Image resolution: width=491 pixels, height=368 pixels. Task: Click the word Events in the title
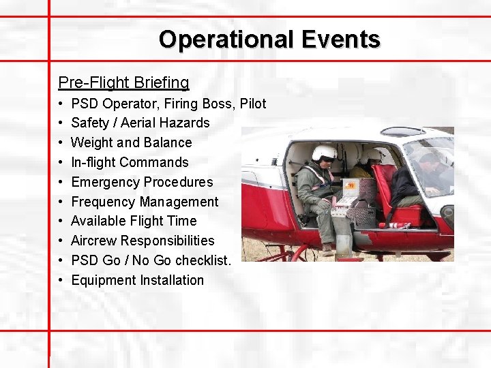[x=338, y=40]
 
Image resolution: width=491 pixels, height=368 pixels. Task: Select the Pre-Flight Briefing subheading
[x=123, y=82]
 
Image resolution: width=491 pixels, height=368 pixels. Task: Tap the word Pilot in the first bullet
[x=252, y=104]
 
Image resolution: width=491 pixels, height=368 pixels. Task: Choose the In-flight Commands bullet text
[x=130, y=162]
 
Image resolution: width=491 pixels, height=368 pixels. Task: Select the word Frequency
[x=103, y=202]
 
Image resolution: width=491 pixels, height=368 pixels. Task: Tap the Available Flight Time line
[x=134, y=221]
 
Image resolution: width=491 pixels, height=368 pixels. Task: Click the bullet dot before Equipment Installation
[x=61, y=280]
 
